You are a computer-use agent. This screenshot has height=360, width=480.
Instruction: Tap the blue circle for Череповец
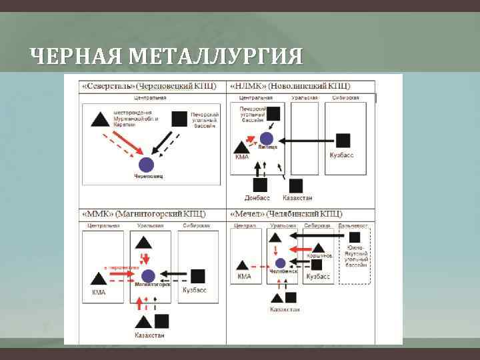tap(147, 165)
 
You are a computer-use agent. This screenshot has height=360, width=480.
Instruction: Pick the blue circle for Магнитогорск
tap(148, 275)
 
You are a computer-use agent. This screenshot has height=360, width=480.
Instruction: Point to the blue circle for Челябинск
tap(280, 263)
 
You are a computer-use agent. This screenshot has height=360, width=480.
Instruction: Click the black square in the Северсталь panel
tap(179, 119)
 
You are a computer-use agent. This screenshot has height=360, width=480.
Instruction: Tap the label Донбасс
tap(257, 198)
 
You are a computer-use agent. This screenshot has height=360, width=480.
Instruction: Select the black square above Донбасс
tap(259, 185)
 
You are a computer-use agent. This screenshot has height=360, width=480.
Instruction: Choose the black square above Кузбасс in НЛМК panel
tap(342, 141)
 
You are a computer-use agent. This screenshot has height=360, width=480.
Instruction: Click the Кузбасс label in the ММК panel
tap(195, 290)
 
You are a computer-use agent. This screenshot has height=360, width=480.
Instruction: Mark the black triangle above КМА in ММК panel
tap(98, 279)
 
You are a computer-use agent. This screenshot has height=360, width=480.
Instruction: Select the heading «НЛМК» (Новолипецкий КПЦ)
tap(290, 87)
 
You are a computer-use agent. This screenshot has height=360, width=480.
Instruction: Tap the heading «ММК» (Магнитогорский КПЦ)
tap(143, 214)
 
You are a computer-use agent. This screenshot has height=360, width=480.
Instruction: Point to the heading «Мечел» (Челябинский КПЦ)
tap(287, 214)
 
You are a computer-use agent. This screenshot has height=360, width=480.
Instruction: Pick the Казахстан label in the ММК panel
tap(149, 335)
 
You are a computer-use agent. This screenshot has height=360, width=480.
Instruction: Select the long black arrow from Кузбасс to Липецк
tap(307, 141)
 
